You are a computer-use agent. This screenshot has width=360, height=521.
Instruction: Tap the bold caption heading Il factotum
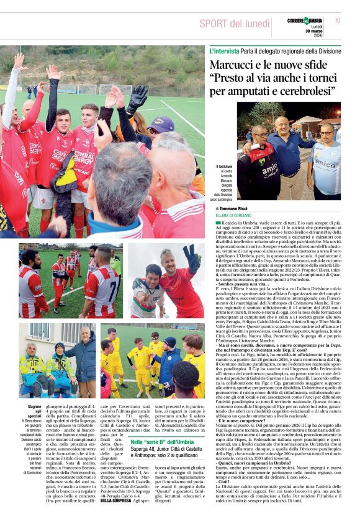[x=224, y=166]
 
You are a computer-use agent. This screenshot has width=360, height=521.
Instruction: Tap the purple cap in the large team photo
[x=161, y=124]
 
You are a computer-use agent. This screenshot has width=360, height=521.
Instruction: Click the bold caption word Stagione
[x=34, y=406]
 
